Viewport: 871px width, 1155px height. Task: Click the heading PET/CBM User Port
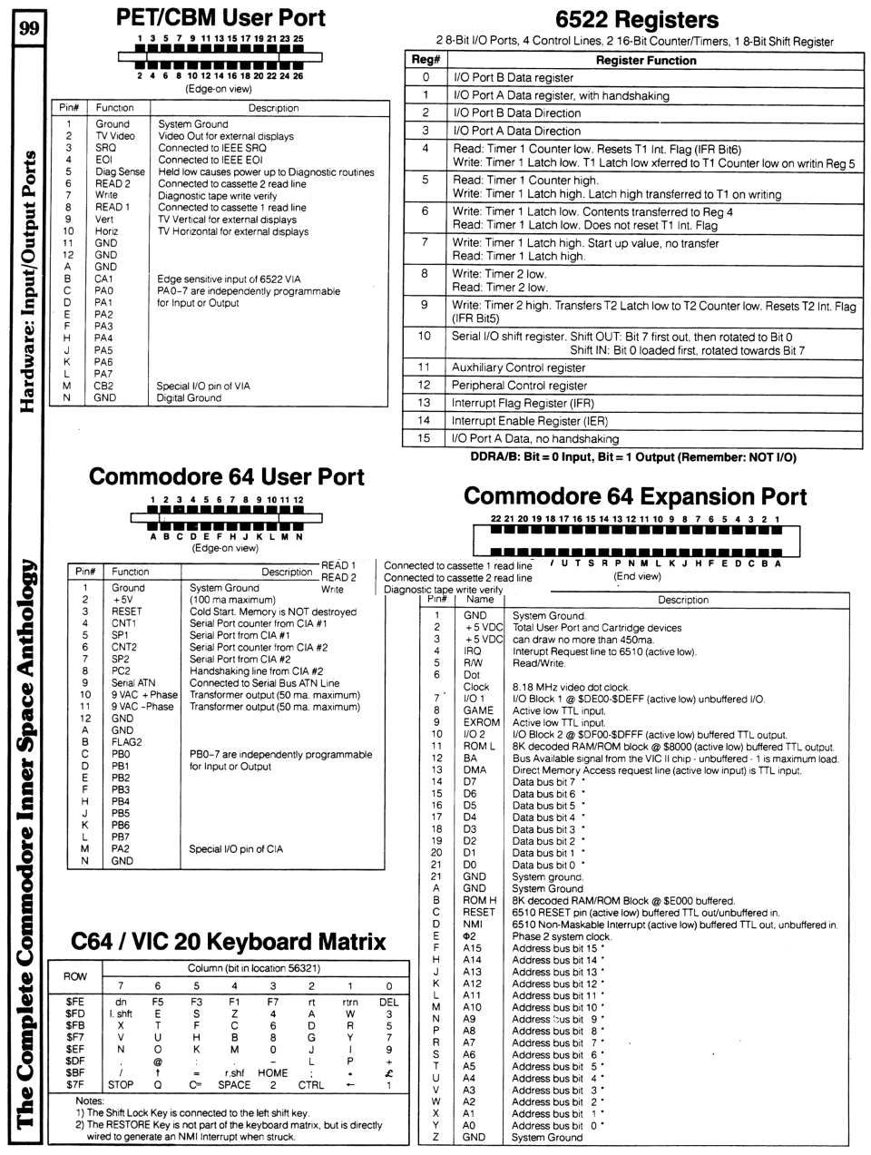(x=221, y=17)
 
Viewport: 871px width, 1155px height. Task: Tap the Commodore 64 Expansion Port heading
(x=634, y=496)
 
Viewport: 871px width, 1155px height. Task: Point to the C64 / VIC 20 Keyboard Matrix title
(x=229, y=941)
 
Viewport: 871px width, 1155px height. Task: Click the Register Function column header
(x=646, y=61)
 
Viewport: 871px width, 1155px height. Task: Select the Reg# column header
(x=425, y=61)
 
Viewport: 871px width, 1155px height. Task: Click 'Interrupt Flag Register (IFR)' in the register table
(x=518, y=403)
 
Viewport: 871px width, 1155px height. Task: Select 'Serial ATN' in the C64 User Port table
(x=133, y=683)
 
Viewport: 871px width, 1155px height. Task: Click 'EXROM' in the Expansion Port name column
(x=480, y=722)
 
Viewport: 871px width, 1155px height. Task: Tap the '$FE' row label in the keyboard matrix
(x=75, y=1002)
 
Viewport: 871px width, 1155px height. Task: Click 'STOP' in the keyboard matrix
(x=121, y=1084)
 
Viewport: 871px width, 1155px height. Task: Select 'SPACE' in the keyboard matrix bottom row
(x=234, y=1084)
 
